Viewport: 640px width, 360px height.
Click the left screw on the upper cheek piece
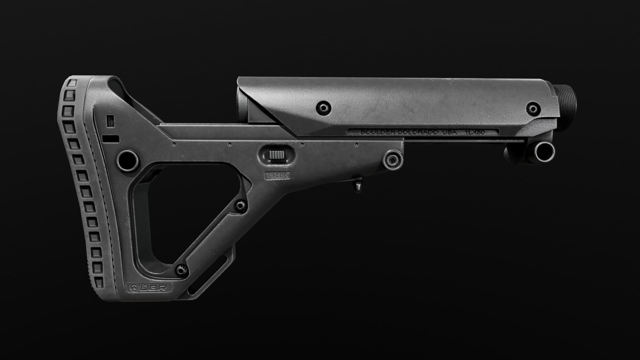[x=324, y=107]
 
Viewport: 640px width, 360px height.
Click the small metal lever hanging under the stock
[x=358, y=185]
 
